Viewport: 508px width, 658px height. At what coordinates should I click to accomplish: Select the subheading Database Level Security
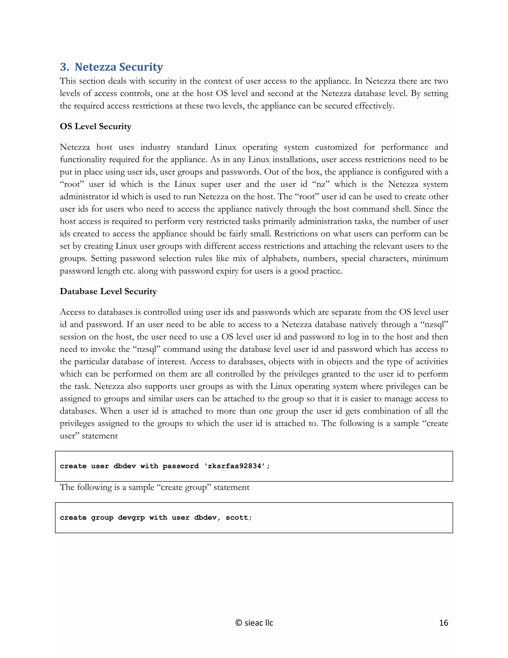click(108, 291)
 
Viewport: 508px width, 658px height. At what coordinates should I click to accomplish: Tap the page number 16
click(443, 623)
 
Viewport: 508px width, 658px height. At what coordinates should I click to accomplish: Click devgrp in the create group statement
click(131, 518)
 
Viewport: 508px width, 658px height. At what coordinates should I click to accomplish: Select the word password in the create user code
click(181, 466)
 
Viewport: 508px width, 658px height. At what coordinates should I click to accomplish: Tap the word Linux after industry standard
click(225, 147)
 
